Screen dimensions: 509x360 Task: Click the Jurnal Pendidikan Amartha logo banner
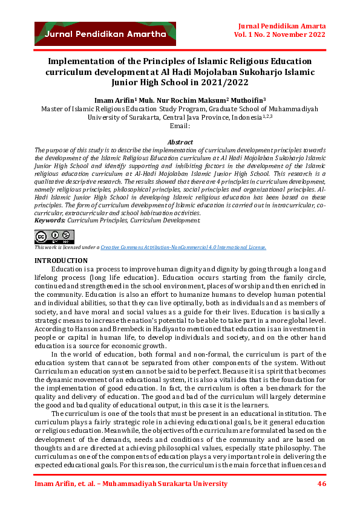click(105, 34)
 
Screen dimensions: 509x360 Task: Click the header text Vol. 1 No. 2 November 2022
click(280, 36)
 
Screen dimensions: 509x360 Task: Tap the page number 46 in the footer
click(321, 484)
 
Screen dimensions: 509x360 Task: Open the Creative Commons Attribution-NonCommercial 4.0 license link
click(183, 247)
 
